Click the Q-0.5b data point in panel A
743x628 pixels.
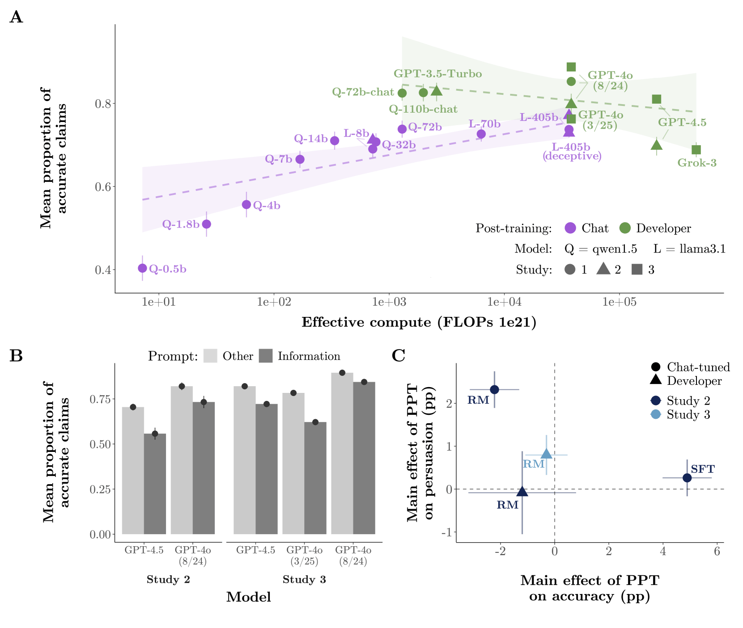point(142,268)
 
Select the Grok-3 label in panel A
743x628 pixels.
point(696,163)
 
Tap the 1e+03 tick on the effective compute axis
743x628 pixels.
point(389,302)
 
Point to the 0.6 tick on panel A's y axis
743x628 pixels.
point(103,186)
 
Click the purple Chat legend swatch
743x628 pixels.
point(570,228)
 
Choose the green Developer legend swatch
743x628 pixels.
point(624,228)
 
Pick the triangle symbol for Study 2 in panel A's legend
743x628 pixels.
point(603,269)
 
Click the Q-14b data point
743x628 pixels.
point(335,141)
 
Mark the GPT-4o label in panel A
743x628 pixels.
point(610,76)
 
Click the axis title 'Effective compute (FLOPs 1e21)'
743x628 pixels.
point(419,322)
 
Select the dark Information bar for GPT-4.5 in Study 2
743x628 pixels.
point(155,484)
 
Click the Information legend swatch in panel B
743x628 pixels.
point(266,356)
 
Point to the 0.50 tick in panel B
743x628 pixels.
point(100,444)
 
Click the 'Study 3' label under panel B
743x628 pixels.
point(304,580)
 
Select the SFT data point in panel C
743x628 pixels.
point(687,478)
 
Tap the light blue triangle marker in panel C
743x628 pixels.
point(546,454)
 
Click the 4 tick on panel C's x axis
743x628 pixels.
point(662,551)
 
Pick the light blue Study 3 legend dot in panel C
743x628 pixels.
point(656,414)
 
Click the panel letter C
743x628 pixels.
point(398,356)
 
